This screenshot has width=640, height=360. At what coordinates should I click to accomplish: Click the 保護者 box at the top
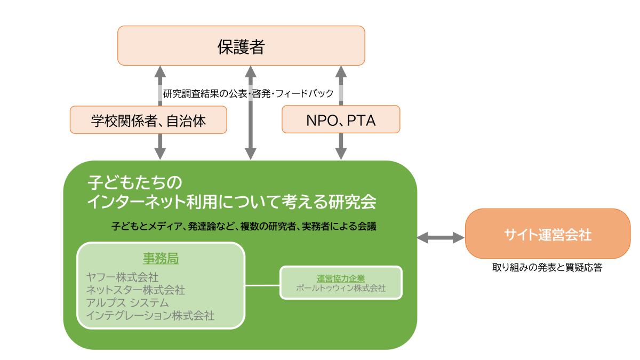[241, 46]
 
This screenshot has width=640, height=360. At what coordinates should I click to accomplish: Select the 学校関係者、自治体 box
[148, 119]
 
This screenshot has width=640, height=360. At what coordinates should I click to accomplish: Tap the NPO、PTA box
[341, 119]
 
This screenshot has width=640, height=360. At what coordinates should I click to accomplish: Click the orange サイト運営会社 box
[548, 234]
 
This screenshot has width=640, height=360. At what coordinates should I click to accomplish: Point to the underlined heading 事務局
[161, 259]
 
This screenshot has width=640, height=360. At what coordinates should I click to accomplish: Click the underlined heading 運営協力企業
[341, 278]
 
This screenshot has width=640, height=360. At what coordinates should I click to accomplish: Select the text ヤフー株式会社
[122, 277]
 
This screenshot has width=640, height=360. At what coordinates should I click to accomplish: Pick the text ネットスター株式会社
[135, 290]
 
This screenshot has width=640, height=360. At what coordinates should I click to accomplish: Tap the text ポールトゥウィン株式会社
[341, 288]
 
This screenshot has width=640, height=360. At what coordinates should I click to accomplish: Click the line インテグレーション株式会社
[150, 316]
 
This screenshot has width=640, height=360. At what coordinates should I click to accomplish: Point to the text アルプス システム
[127, 303]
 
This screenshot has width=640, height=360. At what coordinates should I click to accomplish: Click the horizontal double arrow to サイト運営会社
[441, 238]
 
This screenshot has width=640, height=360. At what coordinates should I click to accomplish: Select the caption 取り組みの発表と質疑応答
[547, 267]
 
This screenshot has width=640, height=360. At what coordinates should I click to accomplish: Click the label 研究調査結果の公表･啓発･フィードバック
[248, 93]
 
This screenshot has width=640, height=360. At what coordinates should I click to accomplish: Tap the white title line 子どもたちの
[134, 182]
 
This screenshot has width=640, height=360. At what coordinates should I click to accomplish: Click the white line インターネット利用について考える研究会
[231, 202]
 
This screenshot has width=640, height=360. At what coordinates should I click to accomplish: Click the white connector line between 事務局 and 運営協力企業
[262, 285]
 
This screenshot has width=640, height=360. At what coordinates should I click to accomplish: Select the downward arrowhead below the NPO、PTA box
[341, 154]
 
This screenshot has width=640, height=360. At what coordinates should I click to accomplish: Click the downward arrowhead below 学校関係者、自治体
[160, 154]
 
